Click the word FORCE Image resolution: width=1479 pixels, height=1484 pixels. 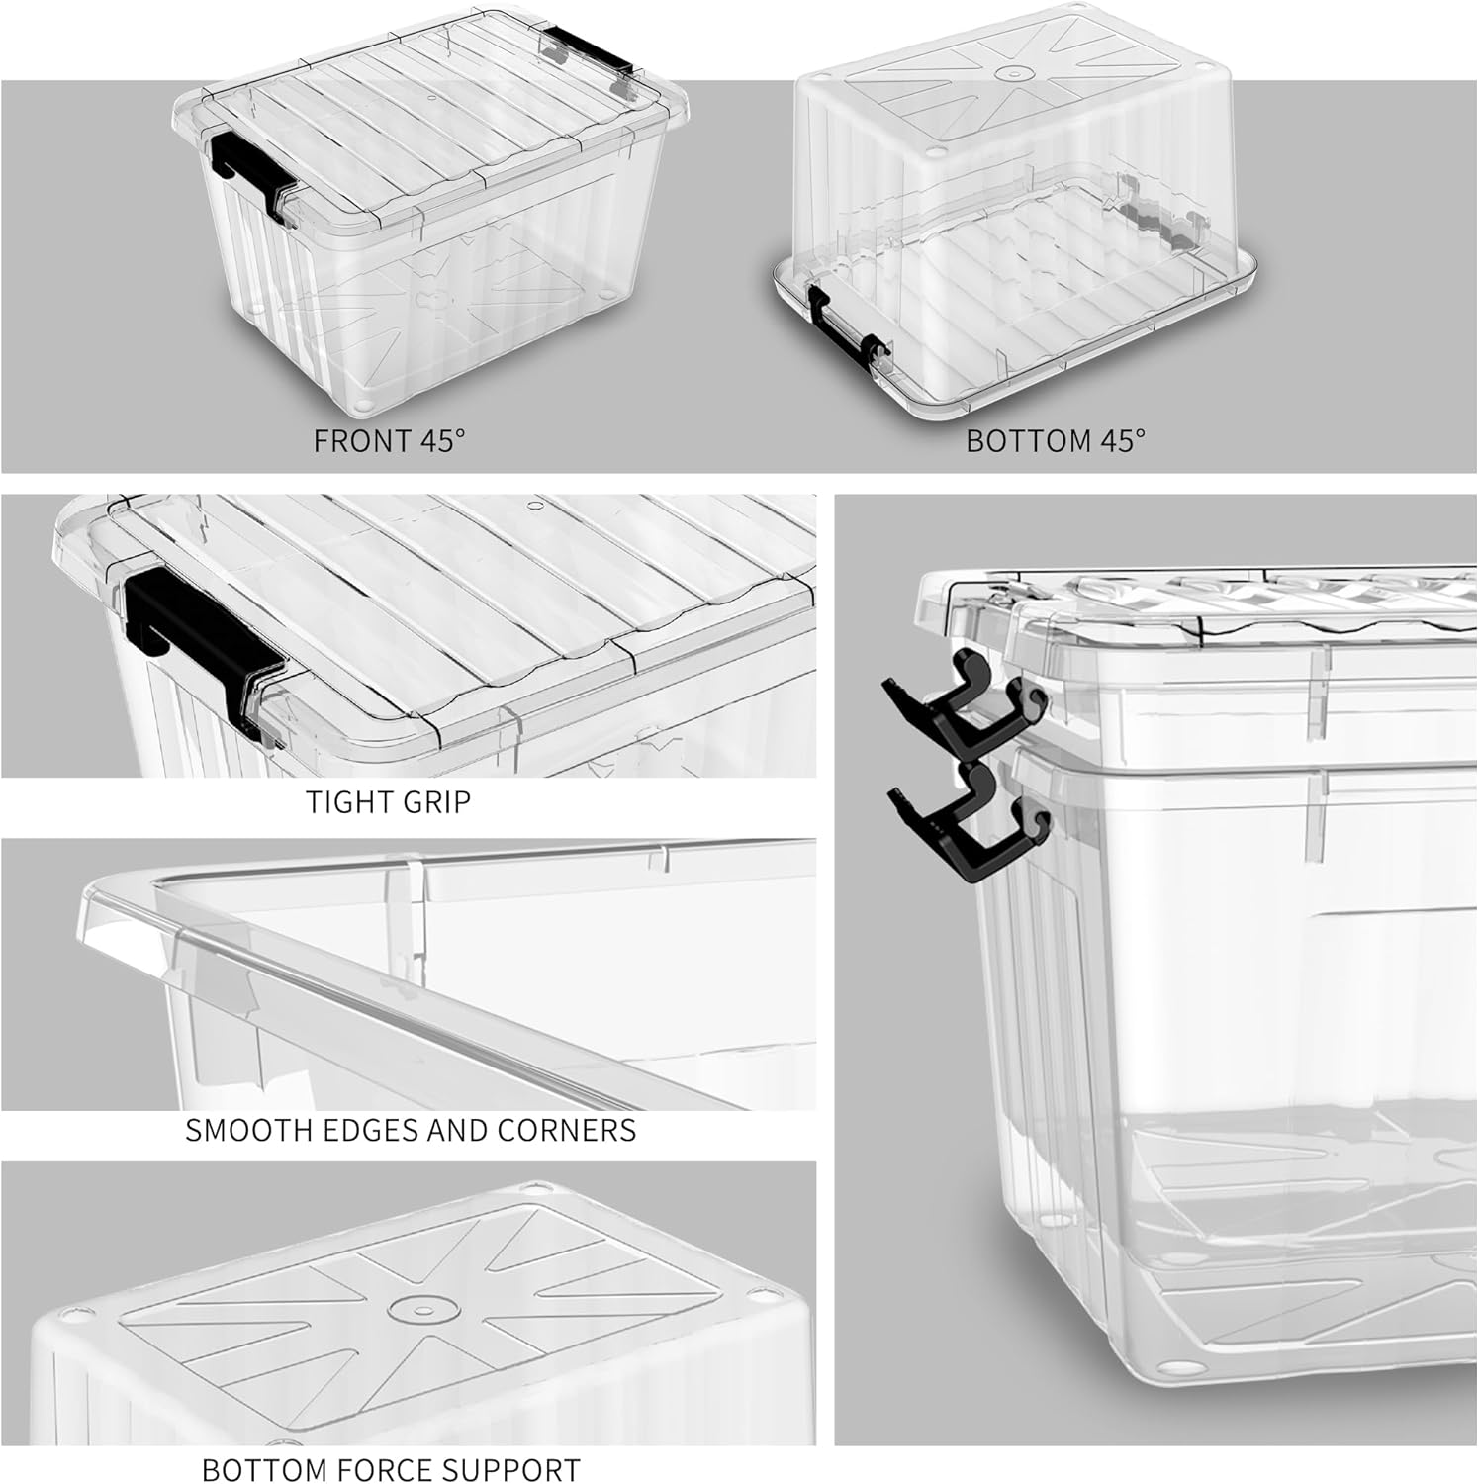(x=379, y=1469)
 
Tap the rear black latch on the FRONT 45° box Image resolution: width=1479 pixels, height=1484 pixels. (x=586, y=54)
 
